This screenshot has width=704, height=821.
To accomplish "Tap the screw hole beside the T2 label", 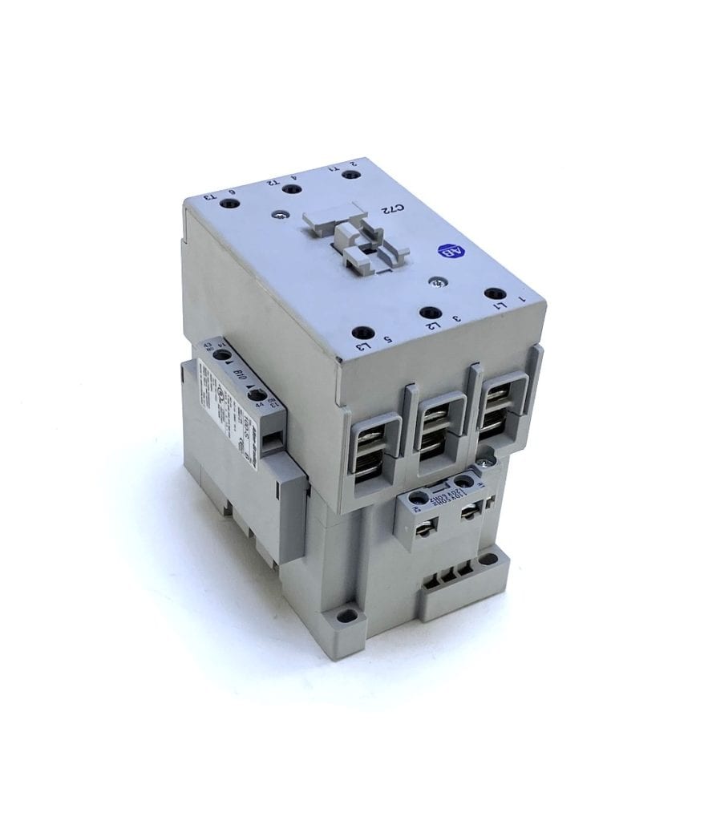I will tap(294, 190).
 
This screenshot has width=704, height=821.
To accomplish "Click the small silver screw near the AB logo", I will tap(435, 282).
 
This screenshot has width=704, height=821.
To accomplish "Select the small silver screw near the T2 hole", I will tap(277, 215).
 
